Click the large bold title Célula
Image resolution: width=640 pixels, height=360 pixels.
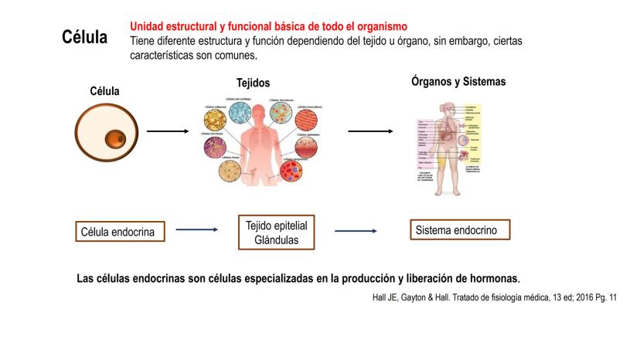coord(85,38)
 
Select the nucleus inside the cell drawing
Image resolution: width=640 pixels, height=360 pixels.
coord(116,139)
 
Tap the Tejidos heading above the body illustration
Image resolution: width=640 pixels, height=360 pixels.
coord(254,83)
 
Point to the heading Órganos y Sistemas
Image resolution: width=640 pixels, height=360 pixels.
coord(458,80)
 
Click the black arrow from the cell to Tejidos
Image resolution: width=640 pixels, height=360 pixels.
coord(167,131)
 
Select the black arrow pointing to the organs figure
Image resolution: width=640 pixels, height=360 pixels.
coord(369,131)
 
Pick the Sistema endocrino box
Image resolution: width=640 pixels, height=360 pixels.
coord(461,229)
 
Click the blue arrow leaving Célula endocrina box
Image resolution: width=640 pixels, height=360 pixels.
coord(197,229)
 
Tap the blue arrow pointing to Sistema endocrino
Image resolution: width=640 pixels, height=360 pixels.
coord(356,231)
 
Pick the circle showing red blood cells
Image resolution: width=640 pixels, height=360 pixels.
coord(294,170)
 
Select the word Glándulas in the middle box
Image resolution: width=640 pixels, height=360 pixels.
coord(276,240)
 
